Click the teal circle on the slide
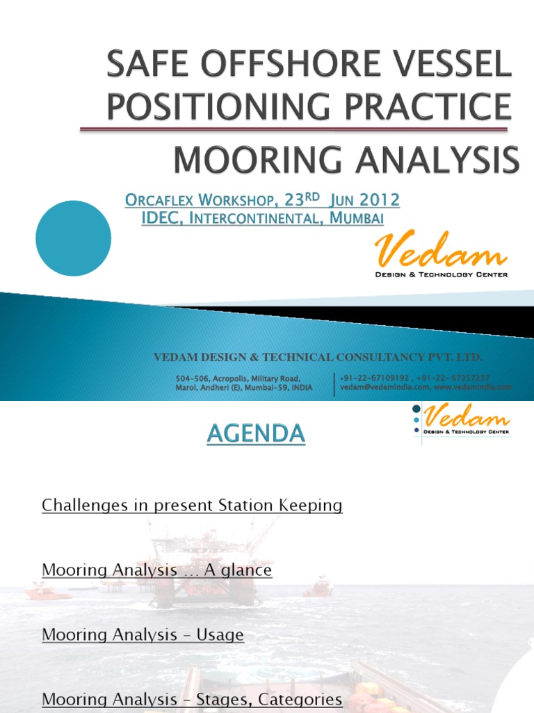click(x=73, y=238)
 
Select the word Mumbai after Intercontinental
click(x=357, y=218)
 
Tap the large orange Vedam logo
click(x=441, y=251)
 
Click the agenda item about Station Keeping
click(x=192, y=506)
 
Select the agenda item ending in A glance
click(x=156, y=570)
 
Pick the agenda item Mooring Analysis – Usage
click(x=143, y=635)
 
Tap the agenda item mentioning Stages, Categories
click(x=192, y=699)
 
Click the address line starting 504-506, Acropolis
click(x=237, y=377)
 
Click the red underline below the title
click(x=293, y=129)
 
